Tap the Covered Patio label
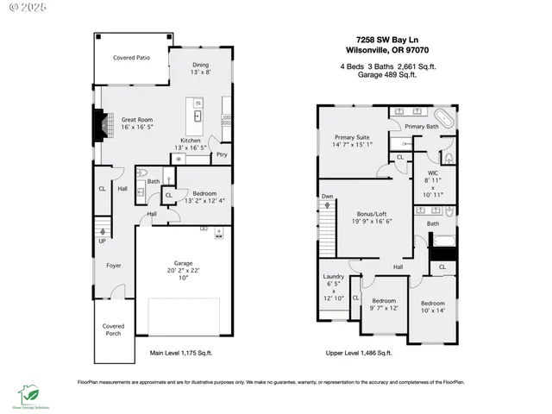coord(131,59)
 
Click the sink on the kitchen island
coord(198,115)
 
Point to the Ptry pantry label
coord(222,155)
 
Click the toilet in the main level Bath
coord(141,193)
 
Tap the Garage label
coord(182,263)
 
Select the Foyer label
coord(113,265)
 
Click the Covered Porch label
coord(113,331)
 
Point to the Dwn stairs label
coord(328,196)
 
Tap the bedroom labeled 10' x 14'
coord(432,308)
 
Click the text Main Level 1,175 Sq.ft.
coord(181,353)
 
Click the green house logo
coord(29,393)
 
